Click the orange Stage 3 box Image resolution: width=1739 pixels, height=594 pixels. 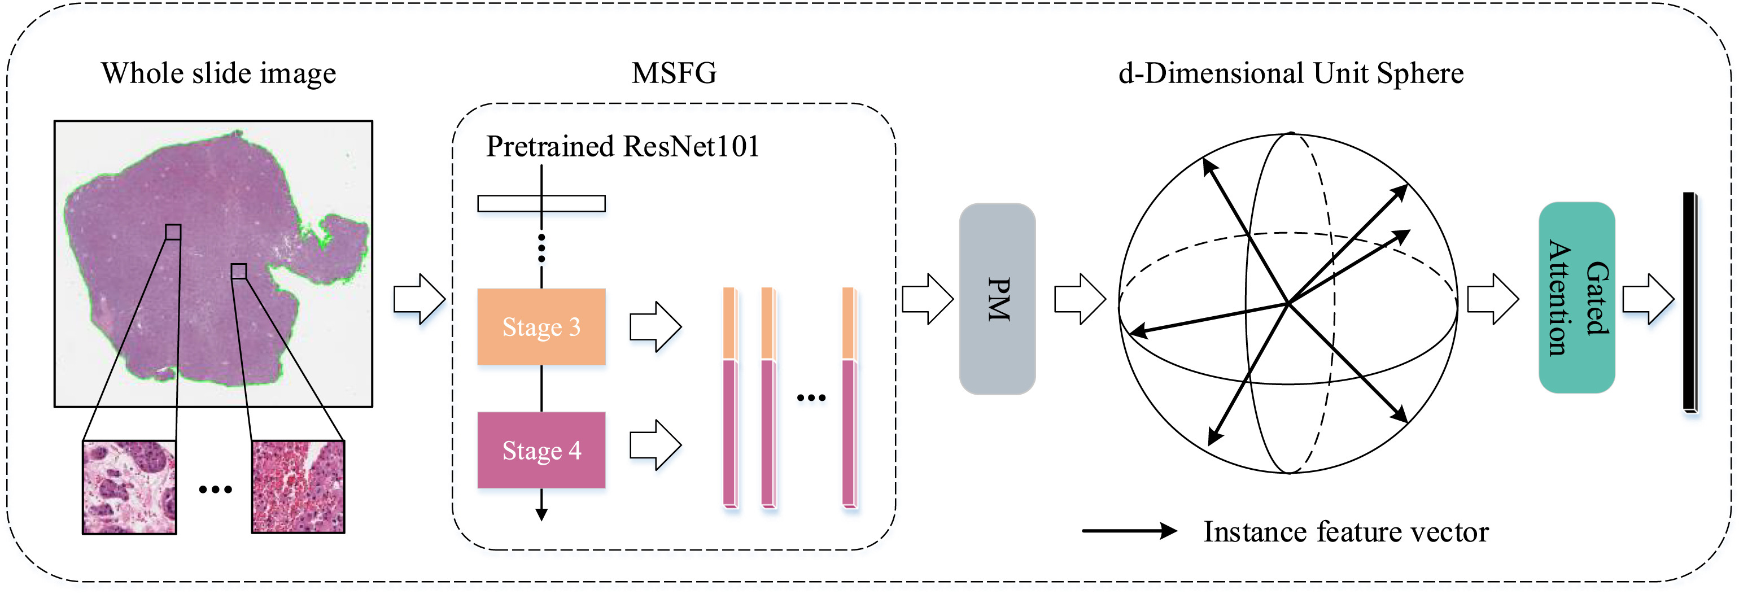[541, 327]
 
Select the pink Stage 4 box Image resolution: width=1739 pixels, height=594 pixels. [541, 449]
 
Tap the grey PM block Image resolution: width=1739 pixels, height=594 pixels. [997, 298]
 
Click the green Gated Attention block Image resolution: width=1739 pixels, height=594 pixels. [1576, 297]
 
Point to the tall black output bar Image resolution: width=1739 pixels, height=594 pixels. [1689, 301]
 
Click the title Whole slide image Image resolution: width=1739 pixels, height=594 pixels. [219, 73]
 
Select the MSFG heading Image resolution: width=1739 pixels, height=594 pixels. [674, 73]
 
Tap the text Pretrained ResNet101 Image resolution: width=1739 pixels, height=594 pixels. [622, 146]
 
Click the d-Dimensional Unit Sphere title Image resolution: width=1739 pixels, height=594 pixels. [1291, 73]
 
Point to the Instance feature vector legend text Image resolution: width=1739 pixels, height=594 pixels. [1345, 532]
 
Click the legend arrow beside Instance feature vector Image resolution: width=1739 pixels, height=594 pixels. [1129, 531]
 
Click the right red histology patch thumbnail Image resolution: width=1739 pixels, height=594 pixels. [298, 487]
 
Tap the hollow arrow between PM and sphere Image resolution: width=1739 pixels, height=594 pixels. [1080, 298]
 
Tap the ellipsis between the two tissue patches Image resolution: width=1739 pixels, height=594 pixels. [215, 490]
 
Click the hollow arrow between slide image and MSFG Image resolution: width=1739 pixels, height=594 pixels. [419, 298]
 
